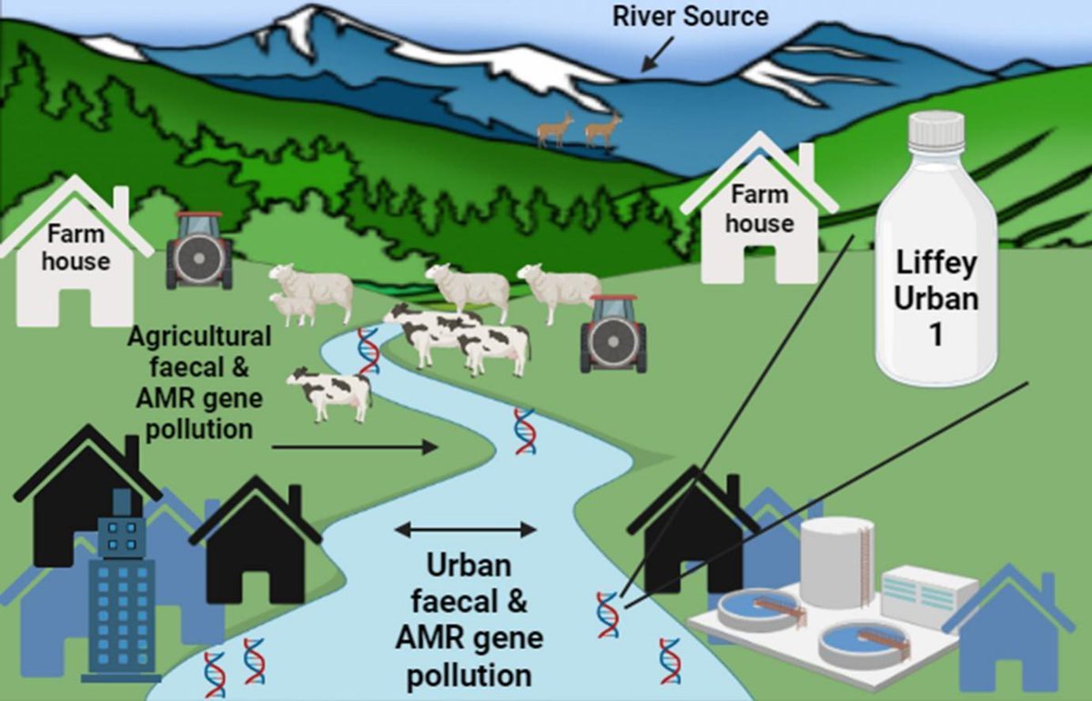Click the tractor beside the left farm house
(x=198, y=250)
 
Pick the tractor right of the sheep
(x=613, y=333)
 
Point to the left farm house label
(x=76, y=247)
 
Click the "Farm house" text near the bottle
(x=762, y=208)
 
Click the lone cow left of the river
(x=330, y=392)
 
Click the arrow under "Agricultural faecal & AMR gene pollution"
(x=355, y=447)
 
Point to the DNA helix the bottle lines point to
(x=607, y=614)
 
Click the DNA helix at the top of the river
(x=368, y=350)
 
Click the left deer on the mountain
(x=554, y=130)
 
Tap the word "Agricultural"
(x=199, y=336)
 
